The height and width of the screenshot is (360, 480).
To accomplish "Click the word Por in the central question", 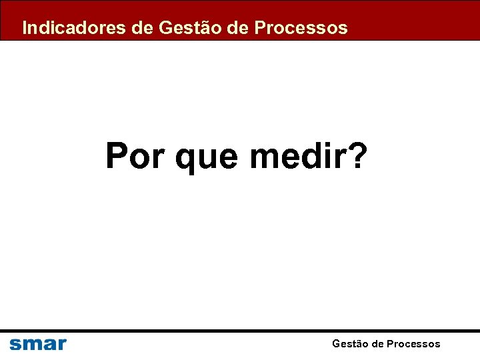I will (x=136, y=156).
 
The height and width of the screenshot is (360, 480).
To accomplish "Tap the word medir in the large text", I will (x=297, y=156).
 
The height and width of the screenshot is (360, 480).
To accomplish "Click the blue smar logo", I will (x=38, y=344).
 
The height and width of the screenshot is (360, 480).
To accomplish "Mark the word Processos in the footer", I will (x=413, y=344).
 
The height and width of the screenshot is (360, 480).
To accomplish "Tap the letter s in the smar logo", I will (x=15, y=345).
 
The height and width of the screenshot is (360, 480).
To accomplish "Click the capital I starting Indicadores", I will (x=25, y=28).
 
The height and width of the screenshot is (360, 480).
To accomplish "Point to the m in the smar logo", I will (x=31, y=345).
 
